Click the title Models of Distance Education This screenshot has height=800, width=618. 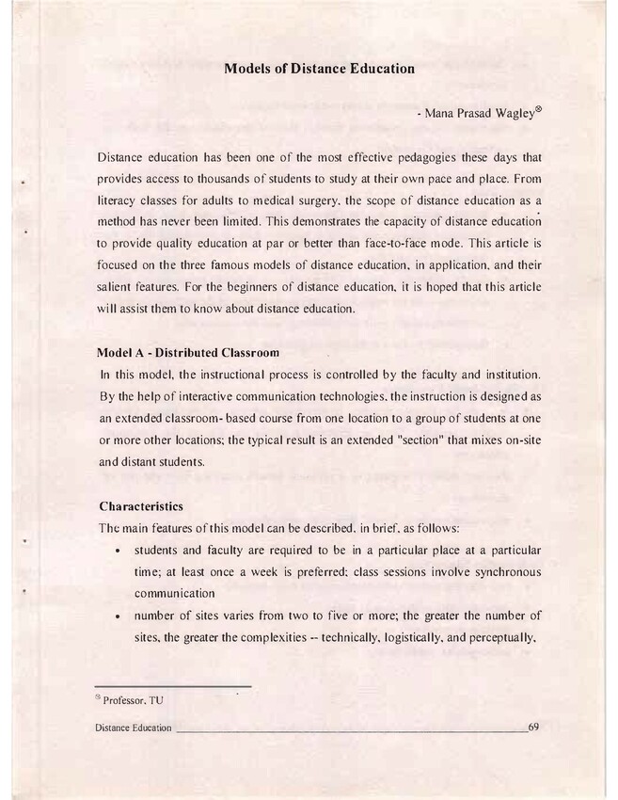(x=319, y=69)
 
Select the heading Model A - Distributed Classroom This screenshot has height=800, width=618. (x=189, y=354)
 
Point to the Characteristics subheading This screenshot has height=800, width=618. (x=148, y=507)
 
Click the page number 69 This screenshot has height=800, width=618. (x=534, y=727)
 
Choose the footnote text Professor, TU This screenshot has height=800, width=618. (x=133, y=700)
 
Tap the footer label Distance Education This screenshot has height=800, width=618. (x=134, y=728)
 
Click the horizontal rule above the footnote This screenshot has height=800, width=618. (x=174, y=686)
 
